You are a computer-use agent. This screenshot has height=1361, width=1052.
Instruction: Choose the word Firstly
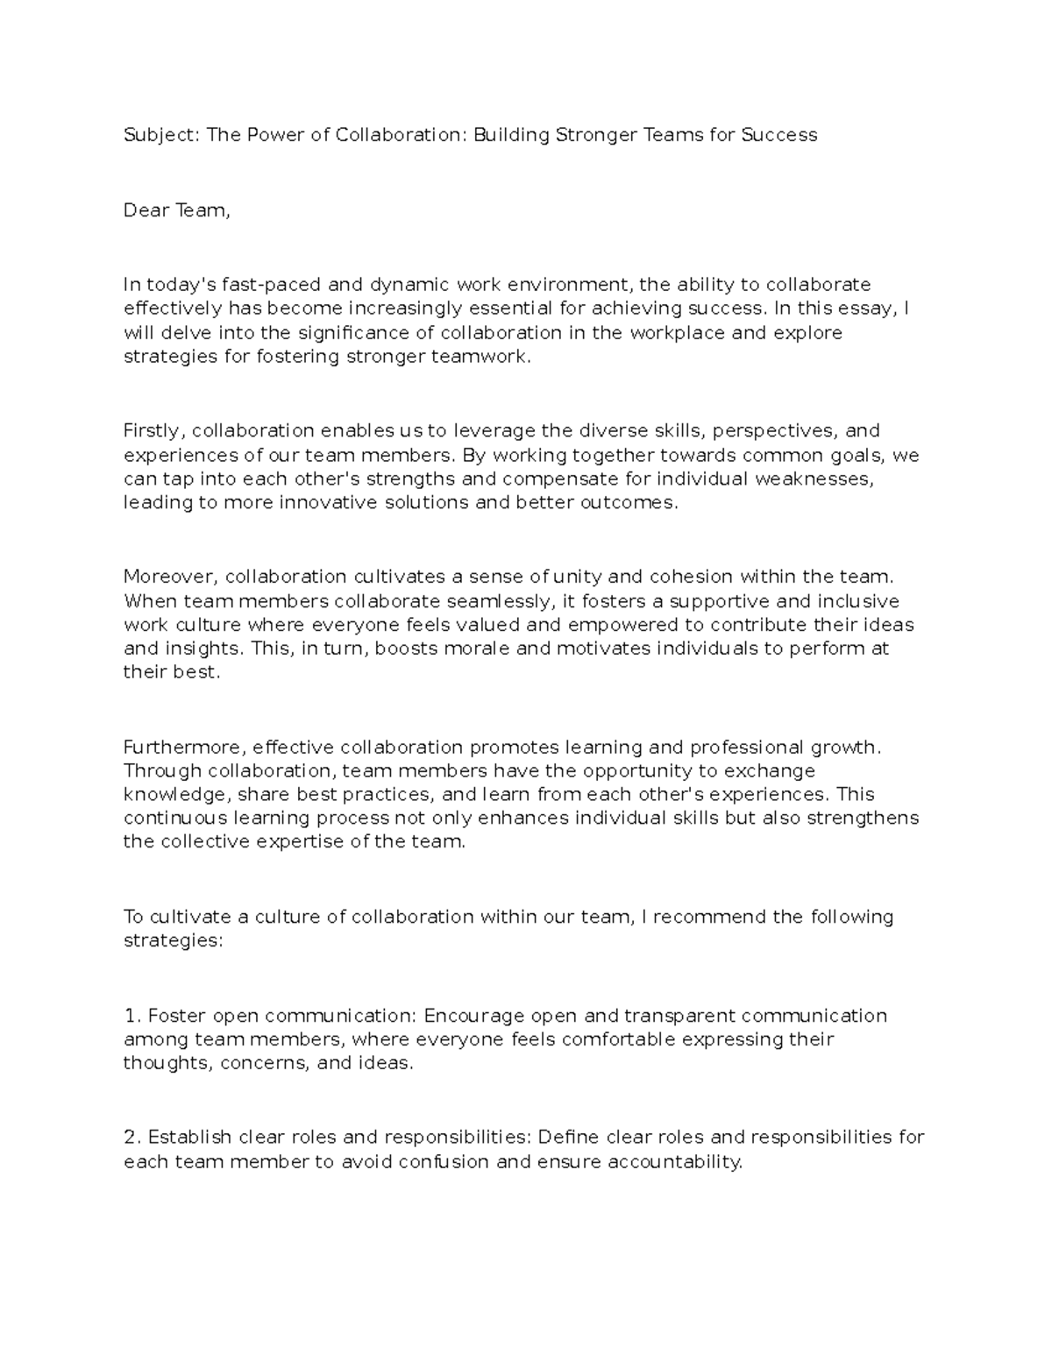[x=153, y=430]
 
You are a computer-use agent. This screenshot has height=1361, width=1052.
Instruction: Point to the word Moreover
[x=171, y=577]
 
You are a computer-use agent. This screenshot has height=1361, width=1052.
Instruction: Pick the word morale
[x=480, y=649]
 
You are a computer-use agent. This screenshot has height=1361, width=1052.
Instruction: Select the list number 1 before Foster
[x=132, y=1016]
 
